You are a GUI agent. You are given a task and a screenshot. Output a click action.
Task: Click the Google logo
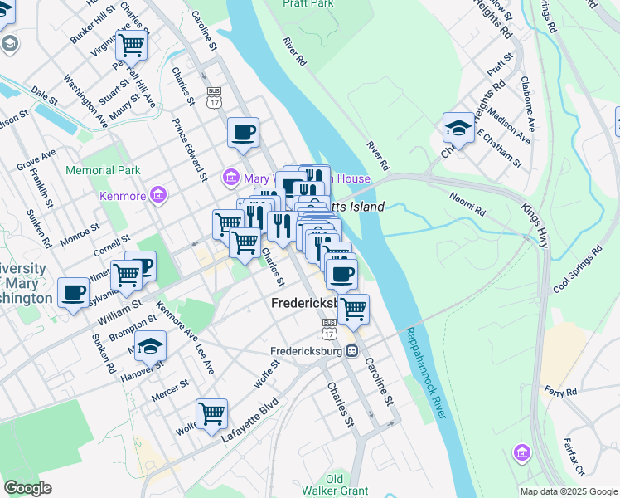[27, 488]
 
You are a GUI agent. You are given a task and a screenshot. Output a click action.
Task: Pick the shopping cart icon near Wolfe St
[212, 412]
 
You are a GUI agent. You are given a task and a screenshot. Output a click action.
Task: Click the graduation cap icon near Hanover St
[151, 344]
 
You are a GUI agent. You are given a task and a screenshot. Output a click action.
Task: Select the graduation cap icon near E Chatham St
[458, 127]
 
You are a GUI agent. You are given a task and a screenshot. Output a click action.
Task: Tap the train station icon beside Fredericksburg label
[352, 350]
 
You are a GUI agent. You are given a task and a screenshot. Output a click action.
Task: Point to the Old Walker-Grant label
[346, 485]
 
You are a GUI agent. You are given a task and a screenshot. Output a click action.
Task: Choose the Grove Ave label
[36, 155]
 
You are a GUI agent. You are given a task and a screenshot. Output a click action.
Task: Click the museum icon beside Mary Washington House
[230, 178]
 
